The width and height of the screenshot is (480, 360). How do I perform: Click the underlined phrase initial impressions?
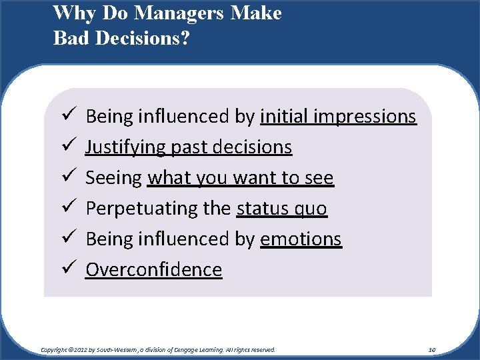pos(338,117)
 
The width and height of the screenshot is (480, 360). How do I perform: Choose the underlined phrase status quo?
pos(281,209)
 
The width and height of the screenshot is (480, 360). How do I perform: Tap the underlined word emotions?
pos(301,239)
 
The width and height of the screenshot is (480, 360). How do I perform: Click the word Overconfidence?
pos(153,270)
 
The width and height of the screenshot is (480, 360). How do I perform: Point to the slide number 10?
pos(432,349)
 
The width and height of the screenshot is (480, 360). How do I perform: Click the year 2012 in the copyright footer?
pos(81,349)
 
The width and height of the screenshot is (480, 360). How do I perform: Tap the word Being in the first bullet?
pos(109,117)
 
